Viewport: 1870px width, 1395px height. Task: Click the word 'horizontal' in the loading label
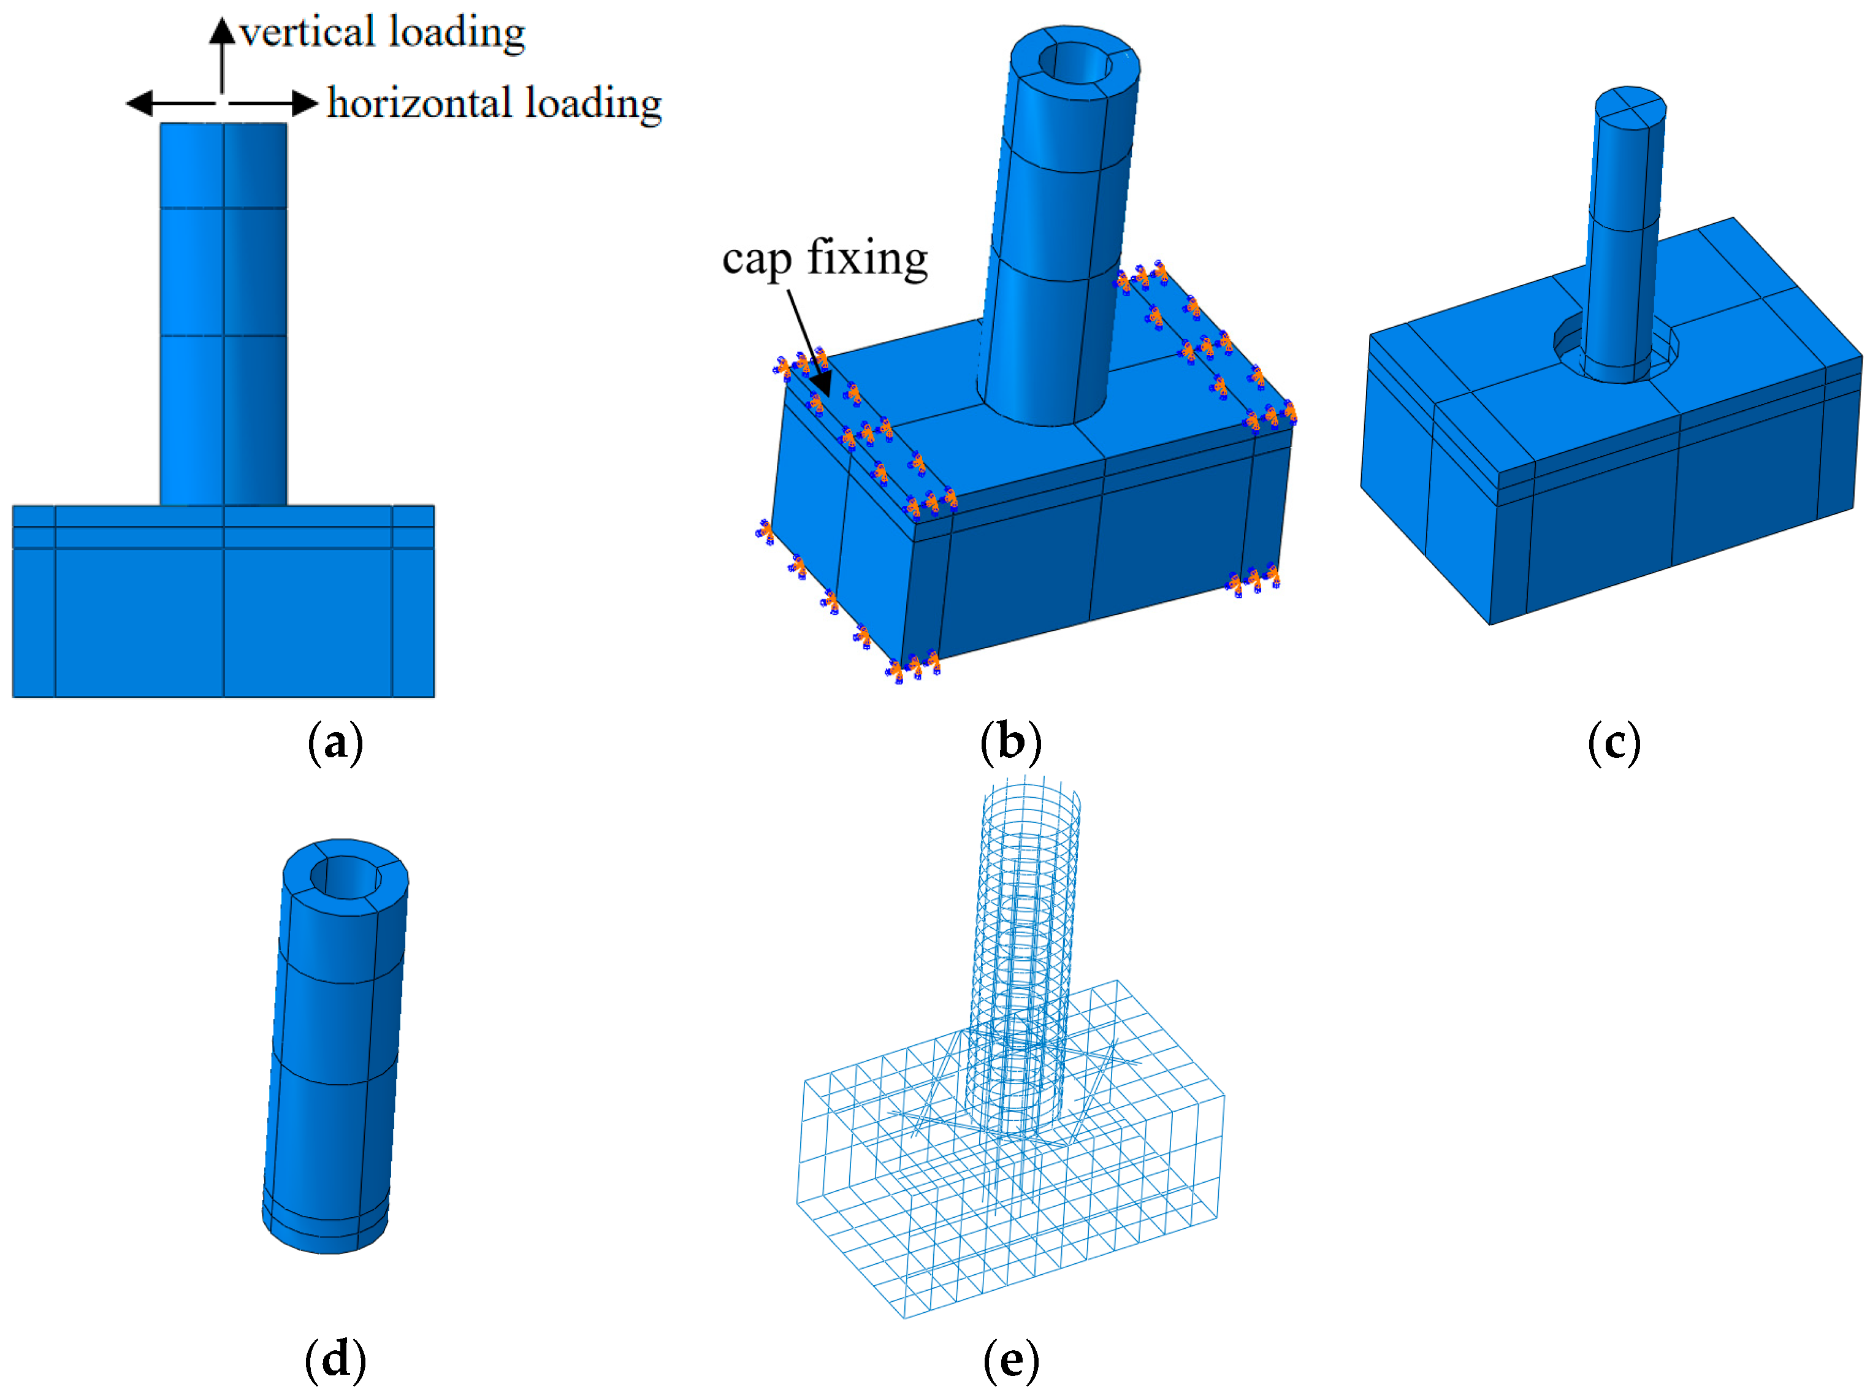point(419,104)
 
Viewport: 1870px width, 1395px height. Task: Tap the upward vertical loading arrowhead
point(222,31)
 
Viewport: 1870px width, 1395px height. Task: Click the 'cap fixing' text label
point(824,258)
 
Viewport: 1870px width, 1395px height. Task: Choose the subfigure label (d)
point(335,1359)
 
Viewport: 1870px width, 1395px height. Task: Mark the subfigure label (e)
point(1010,1359)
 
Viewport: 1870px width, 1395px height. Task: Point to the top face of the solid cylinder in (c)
point(1630,107)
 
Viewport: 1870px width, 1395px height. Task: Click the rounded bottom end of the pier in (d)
point(325,1237)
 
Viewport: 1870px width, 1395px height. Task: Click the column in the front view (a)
point(224,313)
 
